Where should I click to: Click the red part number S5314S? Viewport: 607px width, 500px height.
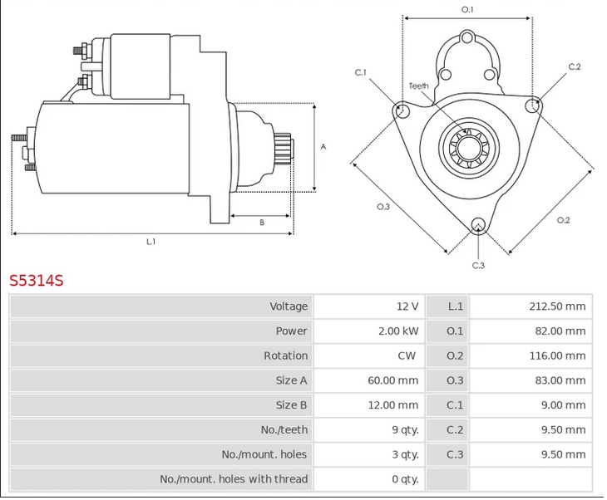(x=37, y=280)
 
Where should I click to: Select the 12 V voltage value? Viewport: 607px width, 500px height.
(x=407, y=306)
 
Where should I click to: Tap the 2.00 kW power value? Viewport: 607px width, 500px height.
(x=398, y=331)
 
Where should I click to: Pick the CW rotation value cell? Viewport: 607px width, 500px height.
(x=409, y=355)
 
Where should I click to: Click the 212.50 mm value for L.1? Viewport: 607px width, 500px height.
(x=557, y=306)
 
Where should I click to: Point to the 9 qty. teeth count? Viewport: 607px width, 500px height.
(x=404, y=429)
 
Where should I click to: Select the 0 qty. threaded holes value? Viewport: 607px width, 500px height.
(x=404, y=478)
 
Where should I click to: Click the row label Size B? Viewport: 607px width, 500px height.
(x=292, y=404)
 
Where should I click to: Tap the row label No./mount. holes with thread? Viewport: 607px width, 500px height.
(x=234, y=478)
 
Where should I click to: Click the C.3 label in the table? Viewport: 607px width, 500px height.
(x=455, y=454)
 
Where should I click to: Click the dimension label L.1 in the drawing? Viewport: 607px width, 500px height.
(x=151, y=242)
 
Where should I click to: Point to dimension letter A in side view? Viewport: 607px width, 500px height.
(x=323, y=147)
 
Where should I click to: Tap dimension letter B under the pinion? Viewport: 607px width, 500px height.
(x=261, y=222)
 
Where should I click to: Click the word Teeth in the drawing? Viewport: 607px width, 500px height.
(x=418, y=86)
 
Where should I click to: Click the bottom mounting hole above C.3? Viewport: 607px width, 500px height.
(x=478, y=224)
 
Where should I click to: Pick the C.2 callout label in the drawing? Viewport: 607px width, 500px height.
(x=575, y=66)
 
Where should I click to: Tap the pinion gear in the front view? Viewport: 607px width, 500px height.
(x=466, y=150)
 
